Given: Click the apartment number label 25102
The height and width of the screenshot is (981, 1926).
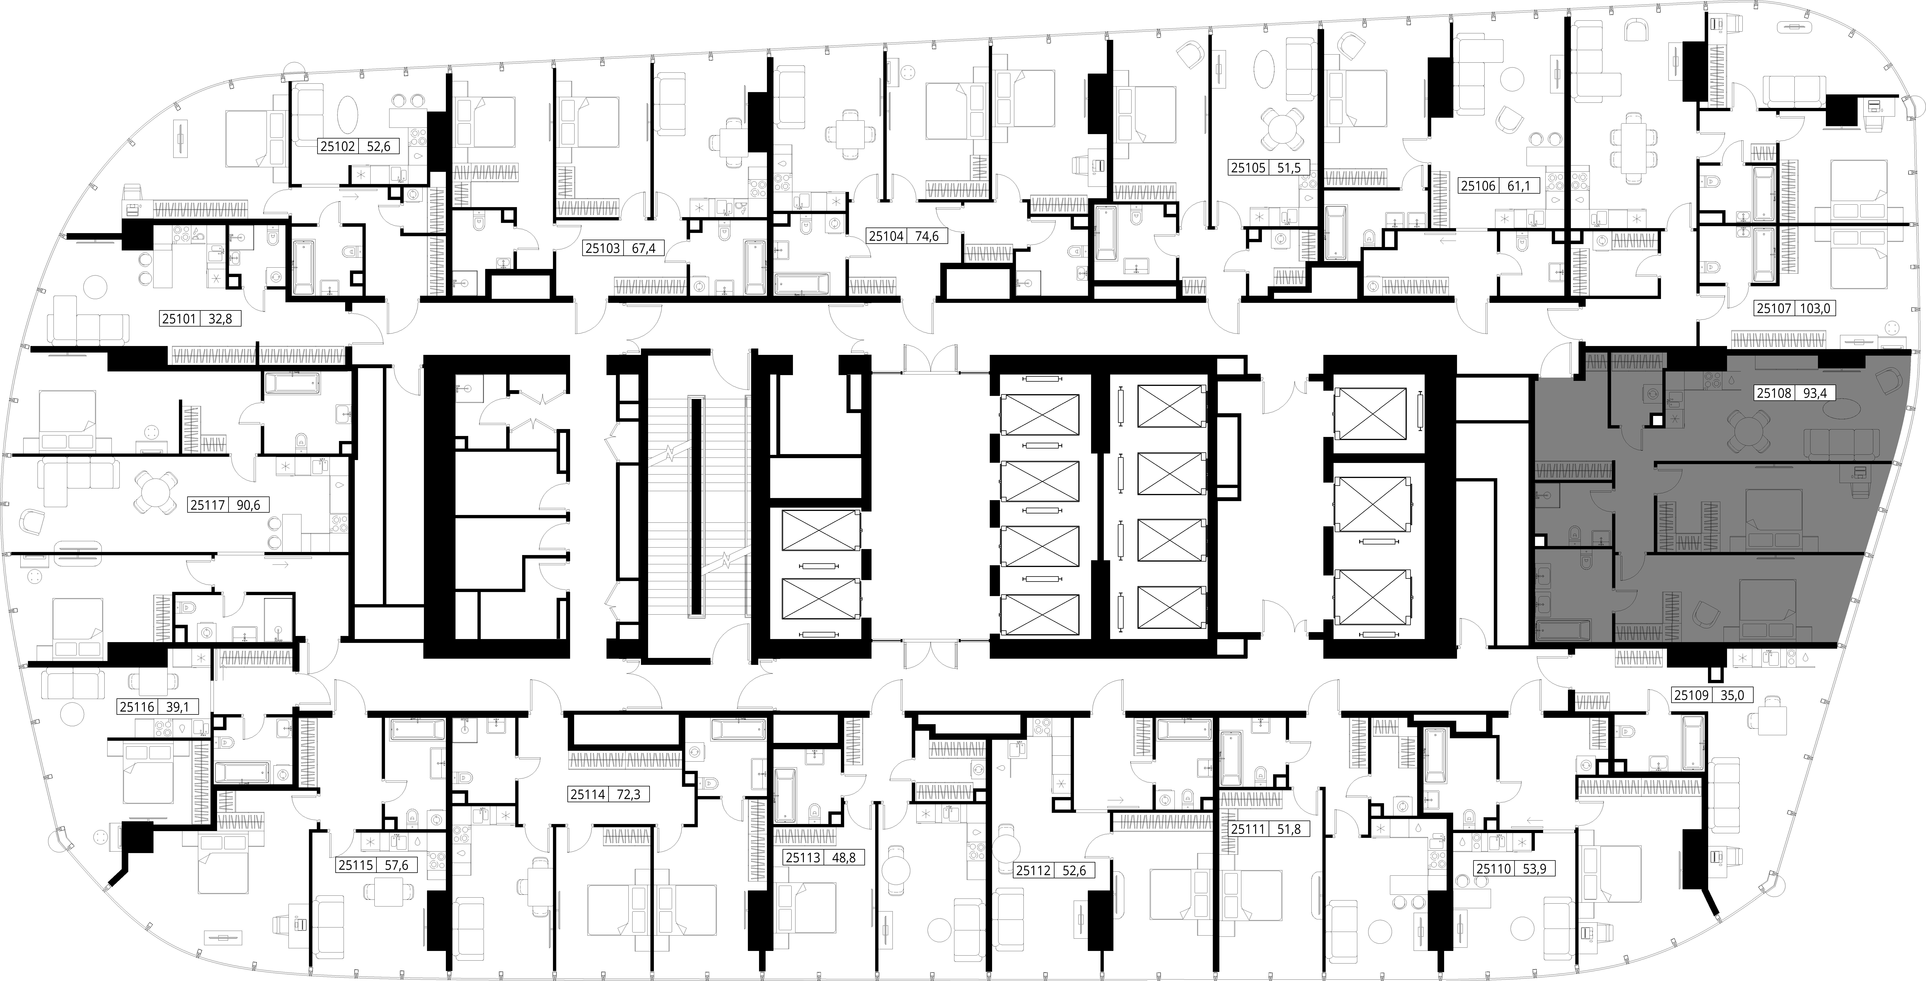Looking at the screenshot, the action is point(337,147).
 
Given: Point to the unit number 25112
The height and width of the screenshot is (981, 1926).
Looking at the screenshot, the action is point(1033,870).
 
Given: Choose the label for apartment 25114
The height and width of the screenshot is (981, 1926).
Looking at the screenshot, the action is point(588,795).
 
